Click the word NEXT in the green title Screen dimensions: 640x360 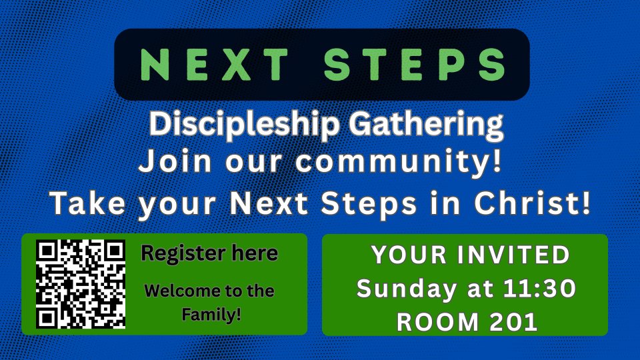(x=215, y=64)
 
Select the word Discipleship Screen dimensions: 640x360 (x=245, y=125)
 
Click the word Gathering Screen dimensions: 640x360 (x=426, y=125)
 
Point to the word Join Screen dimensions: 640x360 (x=175, y=161)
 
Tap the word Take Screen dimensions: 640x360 (x=87, y=203)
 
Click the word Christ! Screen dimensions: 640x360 (x=532, y=203)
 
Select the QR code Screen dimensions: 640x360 (x=81, y=284)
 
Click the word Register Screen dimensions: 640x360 (x=183, y=254)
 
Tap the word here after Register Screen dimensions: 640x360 (x=255, y=253)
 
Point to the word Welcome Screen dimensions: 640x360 (x=183, y=291)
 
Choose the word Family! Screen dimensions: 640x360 (x=211, y=315)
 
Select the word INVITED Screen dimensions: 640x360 (x=513, y=255)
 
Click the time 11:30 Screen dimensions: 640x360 (x=539, y=288)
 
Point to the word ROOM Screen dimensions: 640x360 (x=437, y=322)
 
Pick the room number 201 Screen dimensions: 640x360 (x=513, y=322)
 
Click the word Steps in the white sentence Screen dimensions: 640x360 (x=369, y=203)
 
